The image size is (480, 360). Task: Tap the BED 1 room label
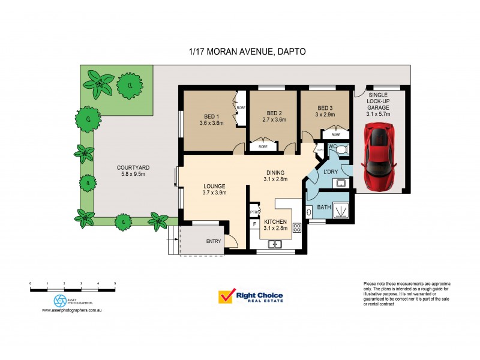(211, 115)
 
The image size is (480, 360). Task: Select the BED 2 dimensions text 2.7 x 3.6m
(274, 120)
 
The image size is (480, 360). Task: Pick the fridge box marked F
(254, 224)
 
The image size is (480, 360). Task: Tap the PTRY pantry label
(254, 212)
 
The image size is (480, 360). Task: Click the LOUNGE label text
(214, 185)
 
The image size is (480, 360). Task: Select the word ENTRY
(213, 242)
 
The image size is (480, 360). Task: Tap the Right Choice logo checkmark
(226, 296)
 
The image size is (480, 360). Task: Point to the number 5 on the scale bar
(115, 283)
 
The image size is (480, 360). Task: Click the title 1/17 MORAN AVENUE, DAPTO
(247, 52)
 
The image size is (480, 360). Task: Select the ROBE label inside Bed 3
(335, 135)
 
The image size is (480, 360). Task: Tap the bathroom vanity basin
(309, 211)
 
